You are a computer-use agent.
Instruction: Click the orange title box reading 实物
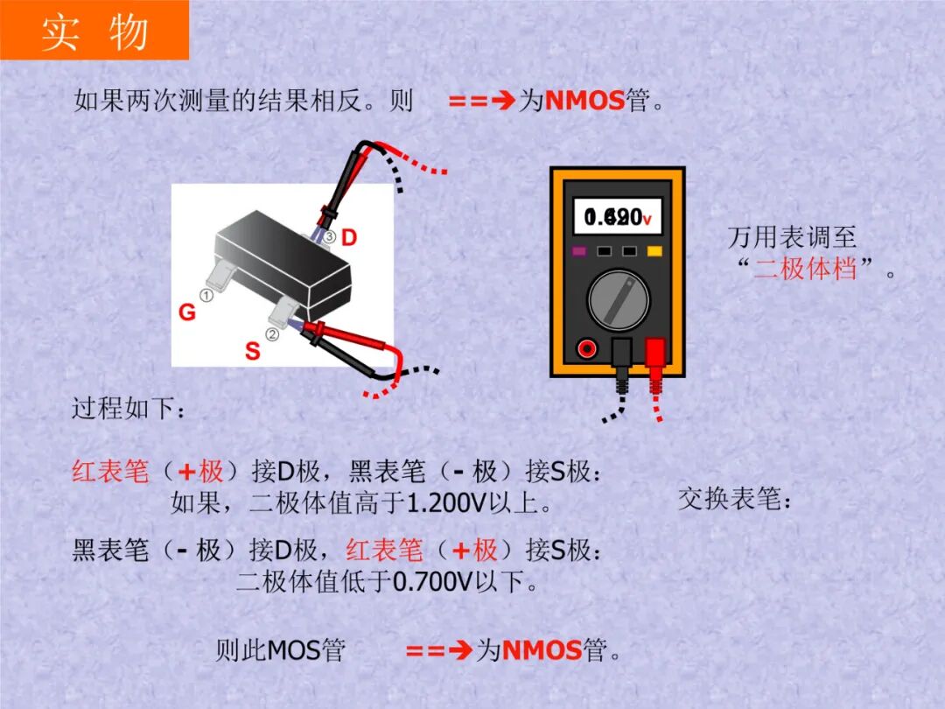(x=94, y=31)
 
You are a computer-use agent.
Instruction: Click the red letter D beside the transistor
(x=349, y=237)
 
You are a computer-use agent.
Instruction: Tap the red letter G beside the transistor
(x=187, y=312)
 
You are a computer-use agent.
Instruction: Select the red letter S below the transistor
(x=252, y=352)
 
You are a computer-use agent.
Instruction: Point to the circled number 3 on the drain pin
(x=330, y=237)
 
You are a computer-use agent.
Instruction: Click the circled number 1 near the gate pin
(x=206, y=296)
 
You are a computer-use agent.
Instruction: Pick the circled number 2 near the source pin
(x=272, y=333)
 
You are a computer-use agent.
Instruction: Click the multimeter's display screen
(x=618, y=216)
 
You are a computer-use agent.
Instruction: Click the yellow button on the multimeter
(x=654, y=252)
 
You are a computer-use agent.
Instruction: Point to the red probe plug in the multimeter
(x=655, y=355)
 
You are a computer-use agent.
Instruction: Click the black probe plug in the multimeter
(x=621, y=354)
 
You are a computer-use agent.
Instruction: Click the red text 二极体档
(x=805, y=268)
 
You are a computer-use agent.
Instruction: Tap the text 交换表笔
(x=735, y=500)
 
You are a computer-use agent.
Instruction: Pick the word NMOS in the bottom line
(x=542, y=650)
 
